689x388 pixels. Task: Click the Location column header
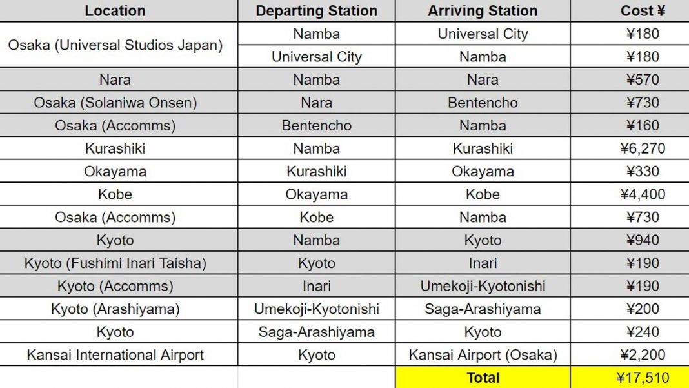(x=115, y=11)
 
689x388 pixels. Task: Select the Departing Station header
(x=316, y=11)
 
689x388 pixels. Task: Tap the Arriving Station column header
(x=483, y=11)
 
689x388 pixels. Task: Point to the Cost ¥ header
(x=643, y=11)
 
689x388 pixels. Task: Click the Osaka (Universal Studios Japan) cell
(x=115, y=45)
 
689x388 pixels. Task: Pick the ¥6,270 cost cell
(x=643, y=148)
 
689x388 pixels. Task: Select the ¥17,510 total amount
(x=643, y=378)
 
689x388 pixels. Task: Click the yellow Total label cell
(x=483, y=378)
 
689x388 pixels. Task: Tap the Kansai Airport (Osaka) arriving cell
(x=483, y=354)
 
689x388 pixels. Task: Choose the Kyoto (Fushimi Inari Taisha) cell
(x=115, y=263)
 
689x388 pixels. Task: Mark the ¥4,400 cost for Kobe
(x=643, y=194)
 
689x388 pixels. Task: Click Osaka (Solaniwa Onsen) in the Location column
(x=115, y=103)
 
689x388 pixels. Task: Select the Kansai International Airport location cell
(x=115, y=354)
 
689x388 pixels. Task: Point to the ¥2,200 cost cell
(x=643, y=354)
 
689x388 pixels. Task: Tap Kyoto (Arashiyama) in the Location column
(x=115, y=309)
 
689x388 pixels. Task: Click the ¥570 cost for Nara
(x=643, y=80)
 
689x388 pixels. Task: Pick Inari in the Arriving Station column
(x=483, y=263)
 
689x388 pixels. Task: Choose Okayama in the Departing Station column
(x=316, y=194)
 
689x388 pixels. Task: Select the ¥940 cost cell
(x=643, y=240)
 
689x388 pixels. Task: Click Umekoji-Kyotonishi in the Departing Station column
(x=316, y=309)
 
